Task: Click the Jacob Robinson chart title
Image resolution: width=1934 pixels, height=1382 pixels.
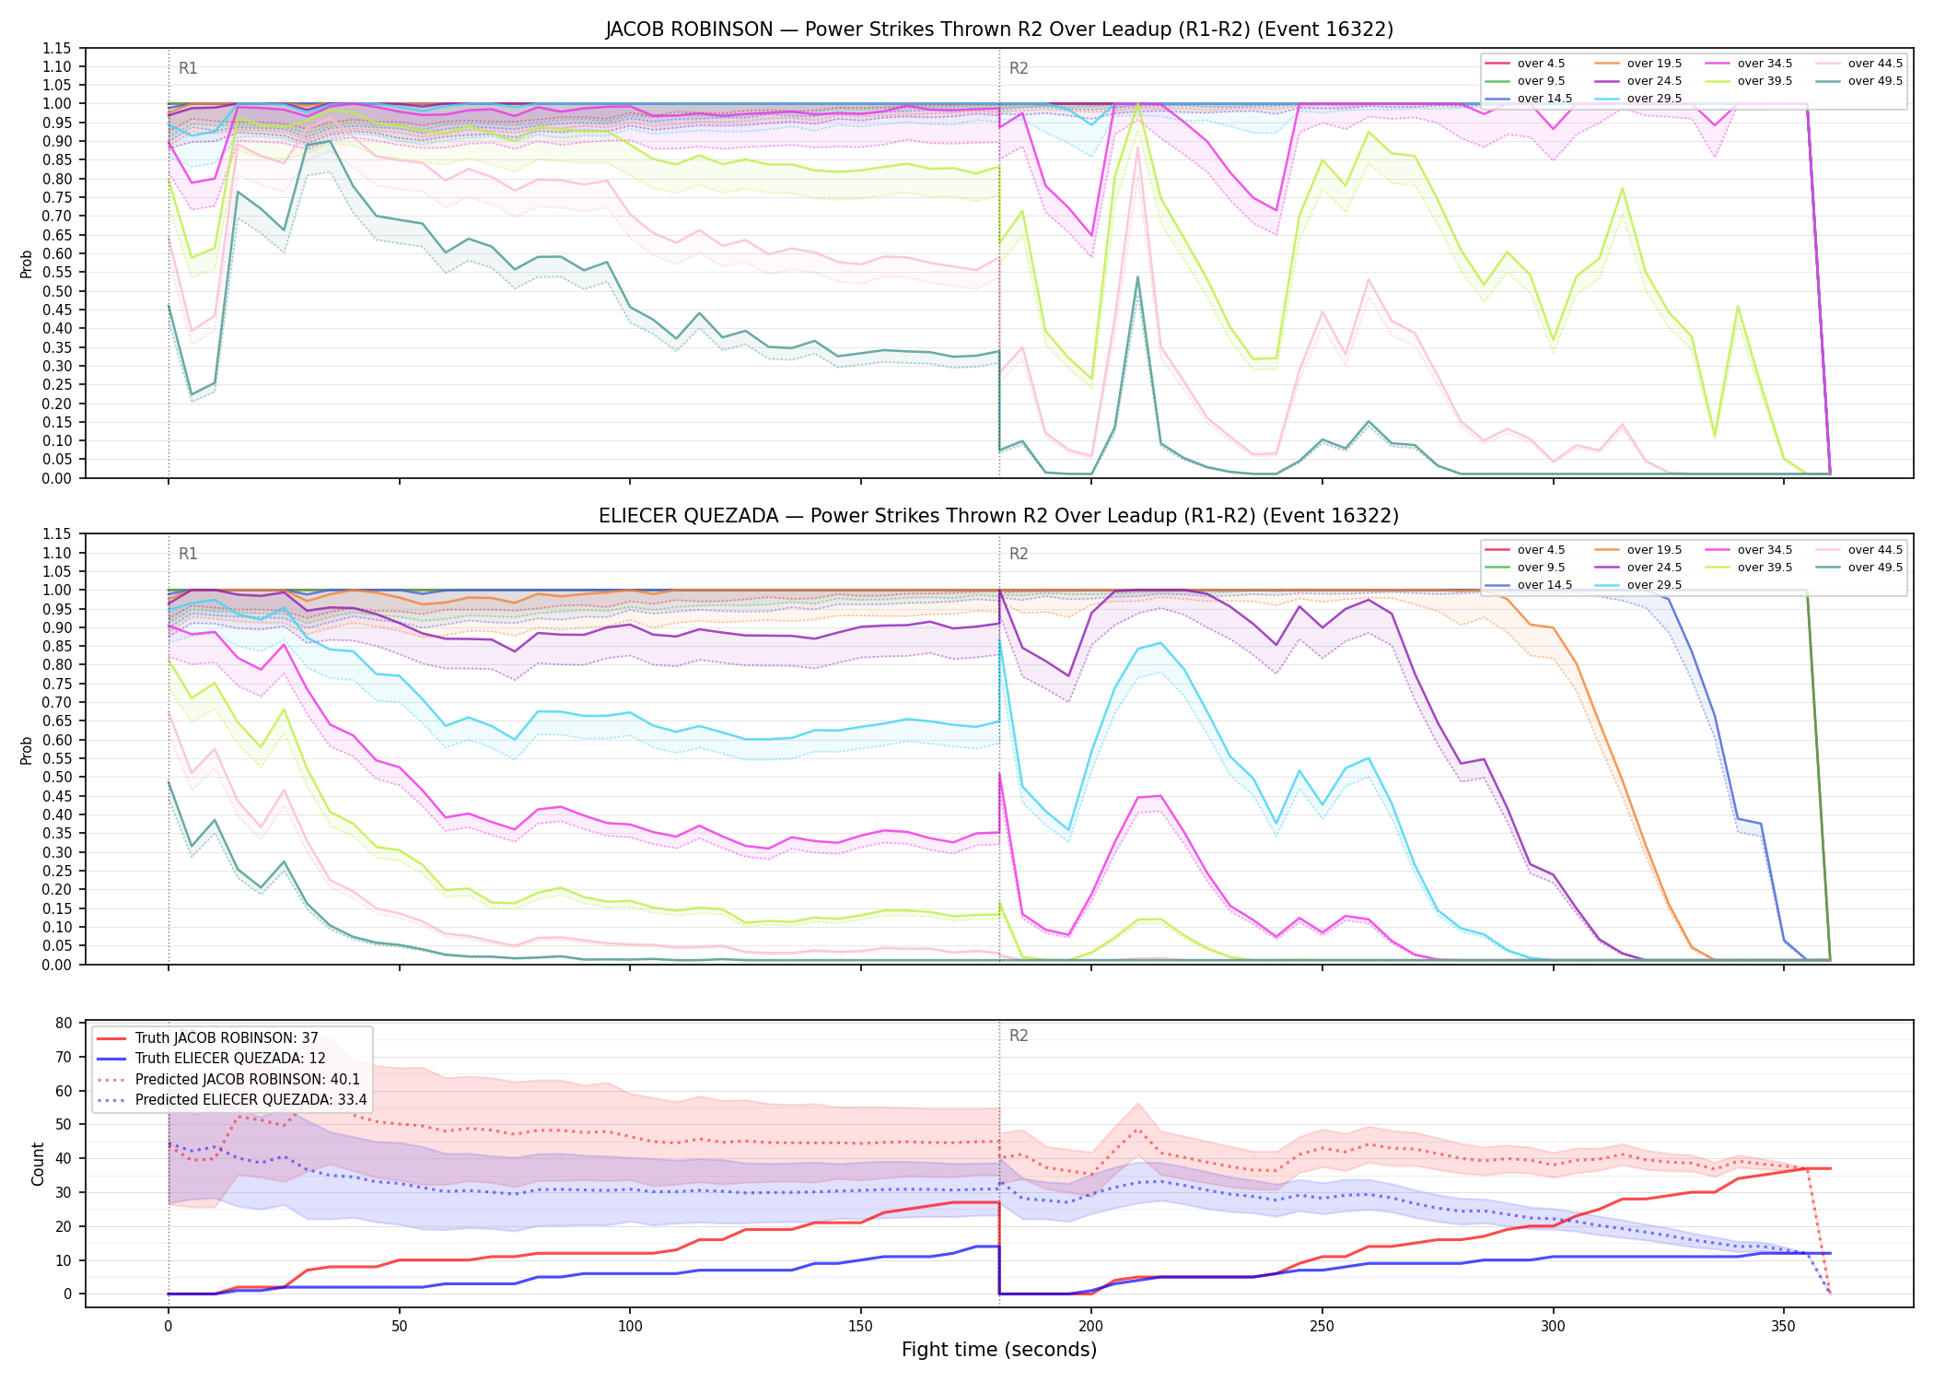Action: (999, 29)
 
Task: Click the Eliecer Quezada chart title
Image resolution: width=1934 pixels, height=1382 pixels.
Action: (999, 516)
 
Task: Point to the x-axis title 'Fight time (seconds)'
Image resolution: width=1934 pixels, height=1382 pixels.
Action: (999, 1350)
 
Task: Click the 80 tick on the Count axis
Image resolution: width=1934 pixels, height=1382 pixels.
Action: (64, 1023)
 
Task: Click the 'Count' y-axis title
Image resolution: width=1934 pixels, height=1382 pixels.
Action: (38, 1164)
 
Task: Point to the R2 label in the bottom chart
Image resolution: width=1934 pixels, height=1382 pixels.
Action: (1019, 1036)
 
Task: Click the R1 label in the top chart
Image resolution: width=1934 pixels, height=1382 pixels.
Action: (188, 68)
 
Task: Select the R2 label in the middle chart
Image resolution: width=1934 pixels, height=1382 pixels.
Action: (1019, 554)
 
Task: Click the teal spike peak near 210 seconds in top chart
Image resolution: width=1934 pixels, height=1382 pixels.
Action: (1137, 276)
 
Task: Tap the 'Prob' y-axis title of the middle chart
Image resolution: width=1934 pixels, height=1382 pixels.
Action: (27, 750)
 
